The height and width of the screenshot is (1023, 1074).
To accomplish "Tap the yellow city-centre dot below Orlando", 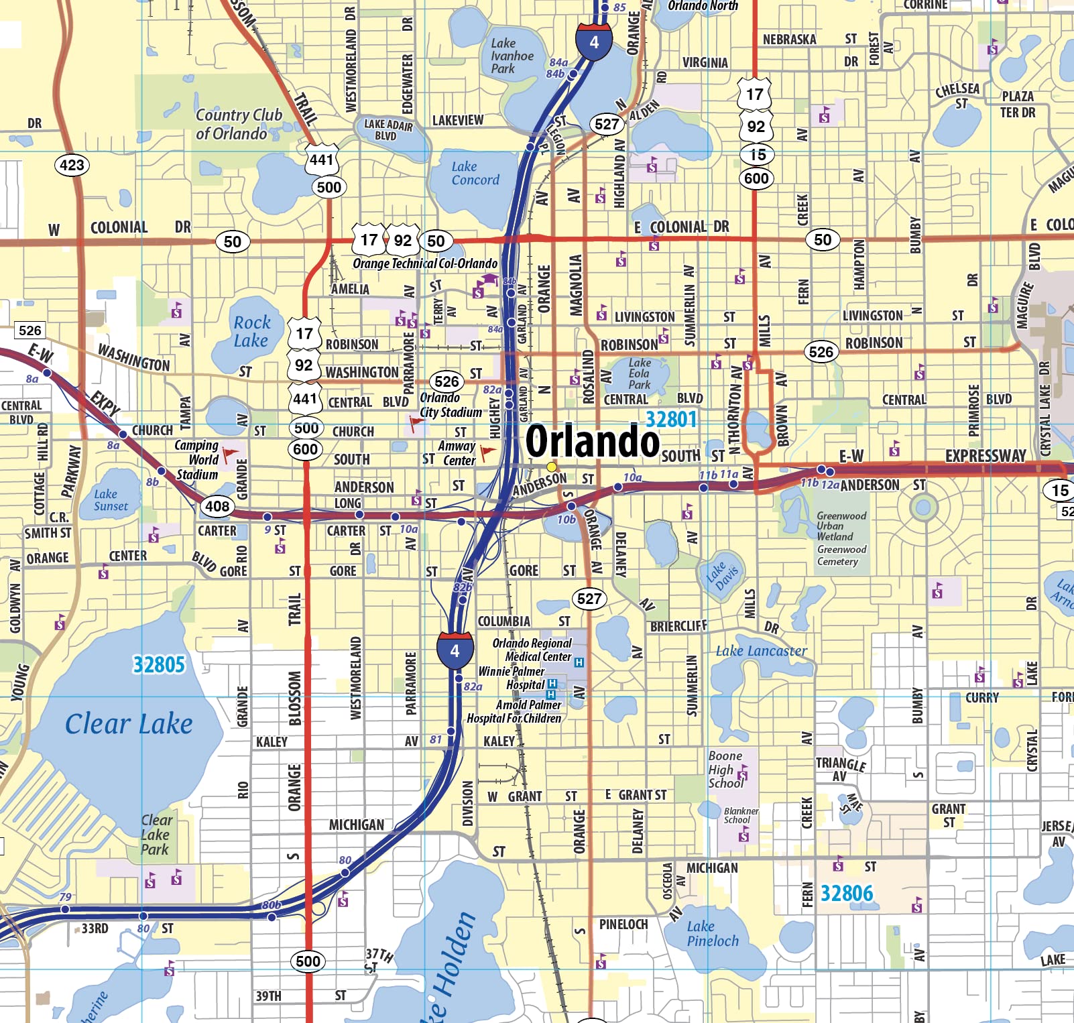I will (552, 467).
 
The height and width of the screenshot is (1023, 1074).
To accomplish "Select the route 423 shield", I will (72, 165).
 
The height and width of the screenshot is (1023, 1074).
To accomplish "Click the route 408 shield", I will (217, 506).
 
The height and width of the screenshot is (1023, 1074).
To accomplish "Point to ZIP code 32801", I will (671, 420).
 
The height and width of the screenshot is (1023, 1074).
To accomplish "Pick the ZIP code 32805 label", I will (159, 664).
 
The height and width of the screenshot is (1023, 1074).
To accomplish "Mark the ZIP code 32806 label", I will (847, 894).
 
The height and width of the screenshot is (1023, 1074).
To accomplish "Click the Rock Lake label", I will (251, 331).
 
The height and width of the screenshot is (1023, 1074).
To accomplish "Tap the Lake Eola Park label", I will (639, 373).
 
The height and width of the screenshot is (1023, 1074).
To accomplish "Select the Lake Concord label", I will (475, 173).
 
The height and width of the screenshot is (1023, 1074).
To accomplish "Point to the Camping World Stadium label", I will (197, 460).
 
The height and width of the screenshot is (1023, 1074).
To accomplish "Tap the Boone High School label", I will (725, 769).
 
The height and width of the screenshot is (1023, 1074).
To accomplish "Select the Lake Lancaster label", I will (761, 651).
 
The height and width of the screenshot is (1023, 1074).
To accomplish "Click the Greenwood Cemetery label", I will (841, 556).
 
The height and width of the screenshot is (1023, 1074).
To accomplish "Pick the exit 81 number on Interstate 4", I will (436, 739).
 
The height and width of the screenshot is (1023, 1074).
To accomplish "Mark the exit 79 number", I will (65, 897).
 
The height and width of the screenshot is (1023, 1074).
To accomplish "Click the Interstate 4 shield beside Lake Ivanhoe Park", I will (594, 42).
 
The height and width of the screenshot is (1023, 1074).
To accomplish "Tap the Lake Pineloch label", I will (712, 934).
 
